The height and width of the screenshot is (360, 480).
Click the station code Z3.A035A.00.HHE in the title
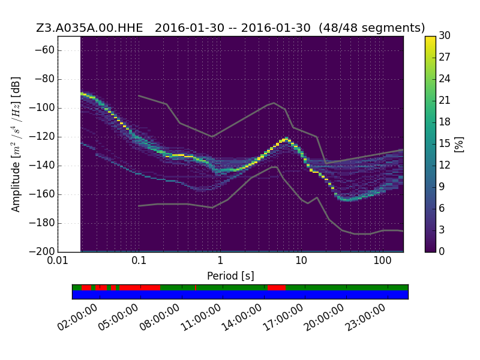(89, 28)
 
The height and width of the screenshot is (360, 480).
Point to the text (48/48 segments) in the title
(371, 28)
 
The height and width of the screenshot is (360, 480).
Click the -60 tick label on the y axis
(44, 50)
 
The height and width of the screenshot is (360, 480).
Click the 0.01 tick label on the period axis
(58, 260)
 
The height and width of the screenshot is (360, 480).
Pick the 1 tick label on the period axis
(220, 260)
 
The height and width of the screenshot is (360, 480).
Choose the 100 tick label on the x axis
(382, 260)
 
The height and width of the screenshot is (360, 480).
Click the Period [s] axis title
(230, 276)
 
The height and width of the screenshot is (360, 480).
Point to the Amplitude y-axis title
(16, 144)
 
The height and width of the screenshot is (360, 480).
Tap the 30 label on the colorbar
(445, 35)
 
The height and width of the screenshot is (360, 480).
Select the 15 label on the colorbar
(445, 143)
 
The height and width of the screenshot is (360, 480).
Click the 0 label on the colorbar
(442, 251)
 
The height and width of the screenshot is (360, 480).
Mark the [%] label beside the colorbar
(459, 144)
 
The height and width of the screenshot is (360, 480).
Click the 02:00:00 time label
(77, 317)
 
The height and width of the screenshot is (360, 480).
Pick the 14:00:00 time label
(242, 317)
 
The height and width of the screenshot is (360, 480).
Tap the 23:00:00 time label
(365, 317)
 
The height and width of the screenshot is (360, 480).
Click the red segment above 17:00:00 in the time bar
(277, 288)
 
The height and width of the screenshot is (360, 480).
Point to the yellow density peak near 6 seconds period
(286, 140)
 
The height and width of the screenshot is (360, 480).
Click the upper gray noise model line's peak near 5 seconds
(274, 103)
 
